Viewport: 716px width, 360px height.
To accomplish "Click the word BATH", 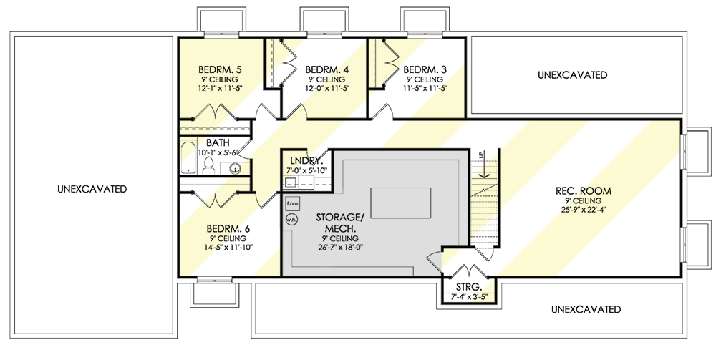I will pos(218,142).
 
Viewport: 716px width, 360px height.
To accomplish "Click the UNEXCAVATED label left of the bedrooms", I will pos(92,189).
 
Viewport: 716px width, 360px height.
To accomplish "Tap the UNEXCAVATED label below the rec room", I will pos(585,309).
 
